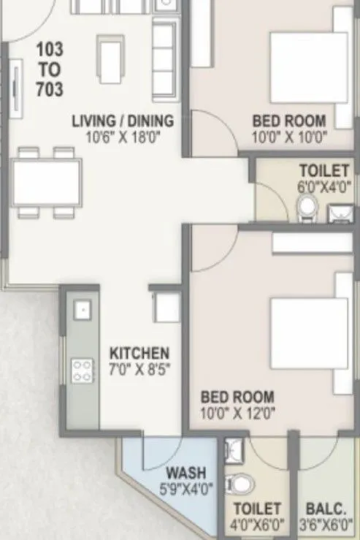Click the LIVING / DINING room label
tap(123, 121)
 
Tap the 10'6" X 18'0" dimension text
tap(123, 136)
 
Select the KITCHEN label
tap(139, 352)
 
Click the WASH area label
tap(186, 472)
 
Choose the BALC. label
tap(326, 508)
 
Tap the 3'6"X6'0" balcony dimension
tap(326, 524)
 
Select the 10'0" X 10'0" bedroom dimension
tap(290, 136)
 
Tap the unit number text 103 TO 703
tap(50, 70)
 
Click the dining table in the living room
tap(47, 183)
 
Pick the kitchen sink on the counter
tap(83, 311)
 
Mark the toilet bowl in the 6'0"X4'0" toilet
tap(306, 208)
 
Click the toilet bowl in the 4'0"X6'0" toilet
tap(239, 483)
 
